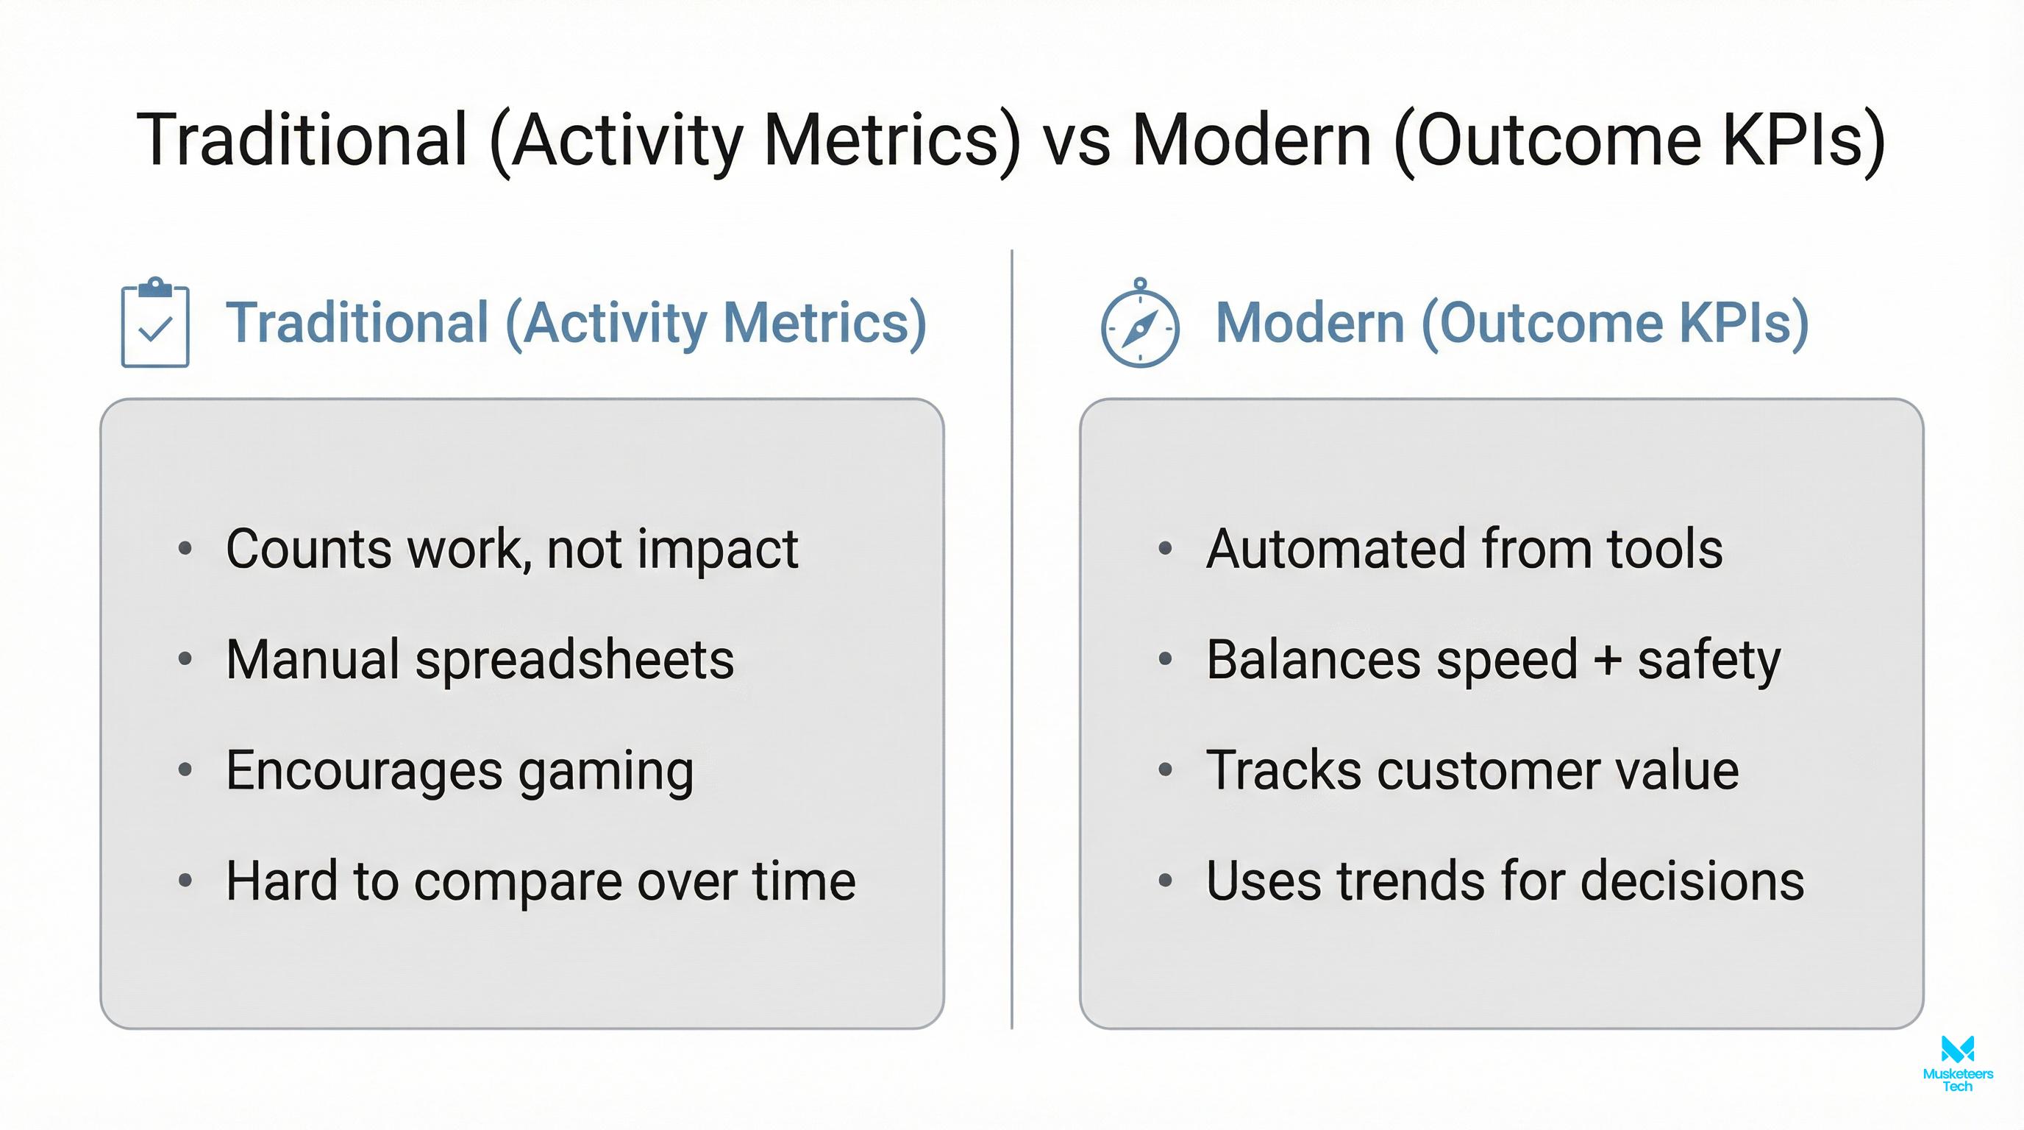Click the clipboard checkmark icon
(154, 323)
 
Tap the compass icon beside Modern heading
(1140, 324)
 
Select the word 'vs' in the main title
(1077, 140)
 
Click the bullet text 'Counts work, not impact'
(511, 549)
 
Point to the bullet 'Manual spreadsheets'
(480, 659)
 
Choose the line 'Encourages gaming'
(460, 770)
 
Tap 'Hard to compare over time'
(541, 881)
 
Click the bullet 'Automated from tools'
(1464, 549)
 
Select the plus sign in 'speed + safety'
(1608, 659)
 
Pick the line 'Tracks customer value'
(1472, 770)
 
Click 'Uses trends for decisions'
(1505, 881)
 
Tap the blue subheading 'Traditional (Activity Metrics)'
(576, 323)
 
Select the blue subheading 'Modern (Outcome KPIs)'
(1511, 323)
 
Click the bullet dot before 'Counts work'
(185, 549)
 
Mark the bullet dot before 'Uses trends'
(1165, 881)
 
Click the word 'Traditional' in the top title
(302, 140)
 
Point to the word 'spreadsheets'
(574, 659)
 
